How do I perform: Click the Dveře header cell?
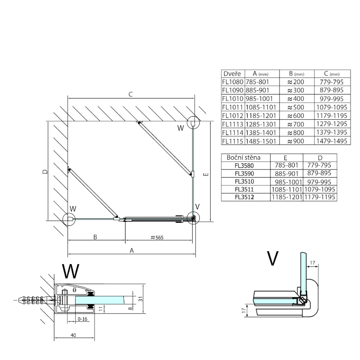pyautogui.click(x=233, y=74)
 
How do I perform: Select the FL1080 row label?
pyautogui.click(x=233, y=82)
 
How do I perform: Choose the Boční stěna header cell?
pyautogui.click(x=245, y=157)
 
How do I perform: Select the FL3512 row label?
pyautogui.click(x=245, y=197)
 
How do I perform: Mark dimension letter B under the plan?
pyautogui.click(x=95, y=237)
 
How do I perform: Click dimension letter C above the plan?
pyautogui.click(x=130, y=94)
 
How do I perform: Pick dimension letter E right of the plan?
pyautogui.click(x=205, y=174)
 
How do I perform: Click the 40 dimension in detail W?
pyautogui.click(x=73, y=335)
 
